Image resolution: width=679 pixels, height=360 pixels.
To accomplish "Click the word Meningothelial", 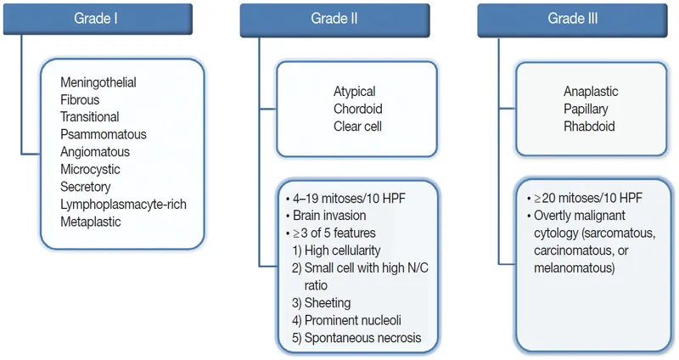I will [98, 82].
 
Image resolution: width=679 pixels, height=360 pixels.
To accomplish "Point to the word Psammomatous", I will [104, 134].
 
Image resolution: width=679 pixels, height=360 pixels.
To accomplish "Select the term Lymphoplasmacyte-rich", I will [123, 204].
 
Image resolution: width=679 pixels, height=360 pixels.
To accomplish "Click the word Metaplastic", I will [91, 222].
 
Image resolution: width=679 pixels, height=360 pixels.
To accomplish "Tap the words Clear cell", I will [357, 127].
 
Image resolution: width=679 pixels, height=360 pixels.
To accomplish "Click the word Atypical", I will [354, 92].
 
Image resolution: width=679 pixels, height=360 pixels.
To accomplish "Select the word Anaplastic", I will [591, 92].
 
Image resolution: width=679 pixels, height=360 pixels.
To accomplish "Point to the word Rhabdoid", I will [588, 127].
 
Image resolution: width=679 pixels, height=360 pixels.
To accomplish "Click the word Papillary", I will [586, 109].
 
